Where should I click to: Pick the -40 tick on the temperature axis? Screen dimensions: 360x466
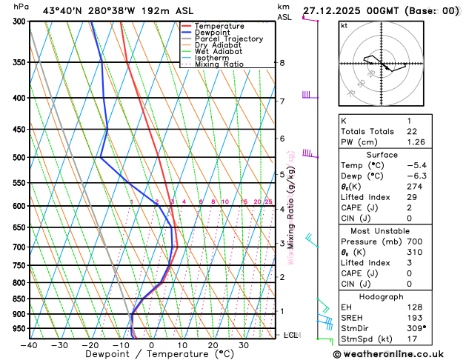[x=29, y=345]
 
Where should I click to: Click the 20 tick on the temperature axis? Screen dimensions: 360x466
[x=213, y=345]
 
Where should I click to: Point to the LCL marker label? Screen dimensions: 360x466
[x=290, y=336]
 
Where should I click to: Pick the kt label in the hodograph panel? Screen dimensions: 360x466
[x=344, y=25]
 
